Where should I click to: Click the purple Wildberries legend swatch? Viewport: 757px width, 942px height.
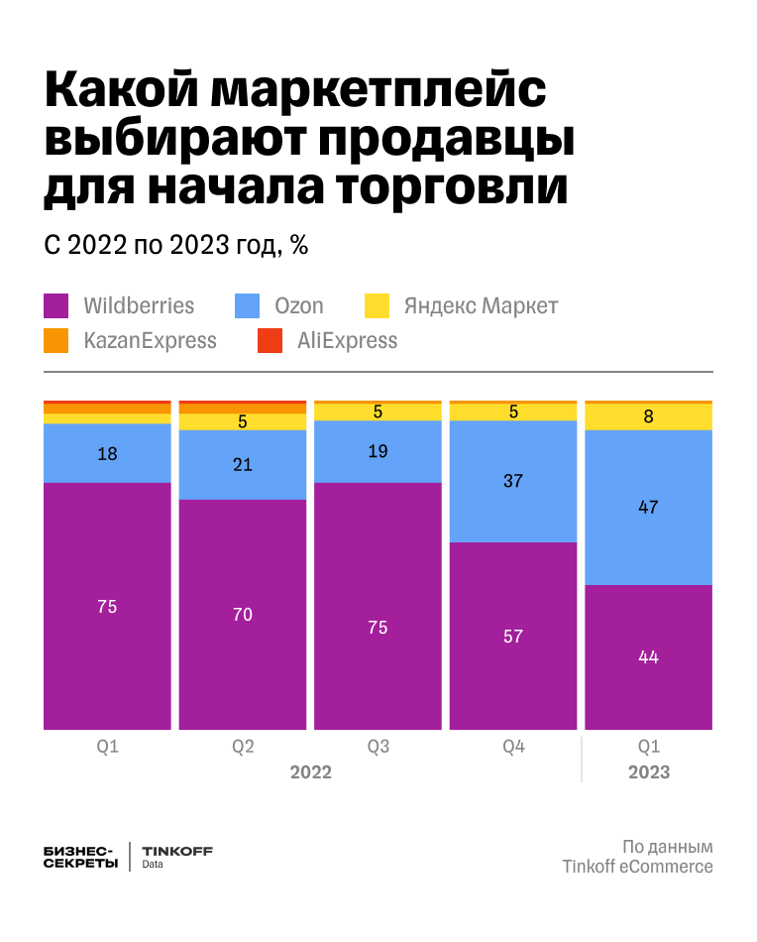[56, 305]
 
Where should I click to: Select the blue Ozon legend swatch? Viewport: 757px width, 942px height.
[248, 305]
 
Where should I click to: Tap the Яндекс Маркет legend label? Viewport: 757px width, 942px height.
[480, 305]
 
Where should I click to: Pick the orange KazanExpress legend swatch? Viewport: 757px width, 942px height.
[56, 341]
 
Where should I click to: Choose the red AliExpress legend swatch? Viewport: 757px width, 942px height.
[270, 341]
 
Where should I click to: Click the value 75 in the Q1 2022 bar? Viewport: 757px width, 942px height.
[107, 607]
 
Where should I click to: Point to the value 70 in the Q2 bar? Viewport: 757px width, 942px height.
[243, 615]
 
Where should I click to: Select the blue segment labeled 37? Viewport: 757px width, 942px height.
[512, 482]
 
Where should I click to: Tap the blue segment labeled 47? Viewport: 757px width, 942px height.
[648, 508]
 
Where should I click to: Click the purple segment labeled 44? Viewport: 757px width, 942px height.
[648, 657]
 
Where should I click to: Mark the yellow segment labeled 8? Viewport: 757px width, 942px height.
[648, 417]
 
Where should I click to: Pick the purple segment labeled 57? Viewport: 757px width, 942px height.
[512, 637]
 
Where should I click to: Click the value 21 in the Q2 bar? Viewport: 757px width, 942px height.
[243, 464]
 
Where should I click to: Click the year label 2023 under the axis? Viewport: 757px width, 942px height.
[648, 771]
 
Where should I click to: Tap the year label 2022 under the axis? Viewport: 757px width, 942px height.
[310, 771]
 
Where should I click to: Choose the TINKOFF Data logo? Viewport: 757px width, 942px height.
[177, 857]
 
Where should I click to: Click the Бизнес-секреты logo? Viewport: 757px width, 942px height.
[81, 857]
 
